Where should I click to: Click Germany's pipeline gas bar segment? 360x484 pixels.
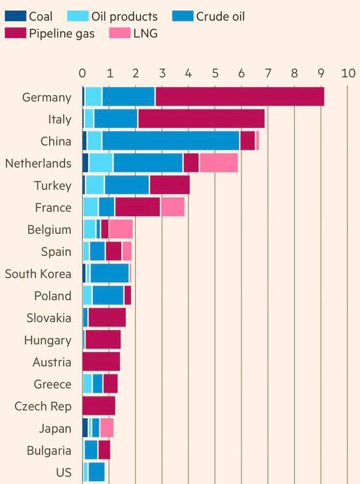239,97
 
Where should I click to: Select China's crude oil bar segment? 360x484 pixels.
171,141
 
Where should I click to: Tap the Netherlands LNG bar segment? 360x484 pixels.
218,163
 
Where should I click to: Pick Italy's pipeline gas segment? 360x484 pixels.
201,119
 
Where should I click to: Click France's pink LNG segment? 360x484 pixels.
173,207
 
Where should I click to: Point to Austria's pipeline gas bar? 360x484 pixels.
101,362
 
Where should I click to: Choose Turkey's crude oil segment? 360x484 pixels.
127,185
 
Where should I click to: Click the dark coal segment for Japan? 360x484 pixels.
85,428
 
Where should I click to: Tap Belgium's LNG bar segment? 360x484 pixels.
121,229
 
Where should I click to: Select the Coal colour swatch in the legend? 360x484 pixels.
15,16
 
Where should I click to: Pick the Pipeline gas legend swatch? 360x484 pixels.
15,34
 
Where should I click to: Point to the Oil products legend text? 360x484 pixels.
124,16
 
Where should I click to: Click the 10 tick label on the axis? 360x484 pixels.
348,73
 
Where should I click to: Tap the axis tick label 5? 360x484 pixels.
215,73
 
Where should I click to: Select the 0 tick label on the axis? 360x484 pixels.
82,73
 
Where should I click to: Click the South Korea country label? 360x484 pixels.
38,274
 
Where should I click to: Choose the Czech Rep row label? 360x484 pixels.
43,406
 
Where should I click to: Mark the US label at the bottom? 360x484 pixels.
64,472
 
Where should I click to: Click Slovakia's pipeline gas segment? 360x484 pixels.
107,317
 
